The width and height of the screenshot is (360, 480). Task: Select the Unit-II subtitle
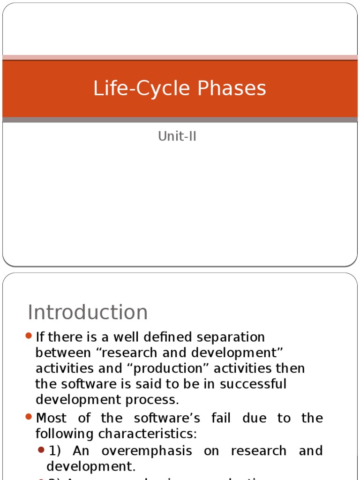(x=177, y=136)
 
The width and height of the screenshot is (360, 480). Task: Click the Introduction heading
(x=88, y=313)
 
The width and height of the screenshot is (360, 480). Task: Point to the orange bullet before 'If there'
(x=29, y=336)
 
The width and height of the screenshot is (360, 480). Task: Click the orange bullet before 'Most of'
(x=29, y=417)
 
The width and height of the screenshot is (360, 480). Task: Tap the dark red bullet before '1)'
(x=41, y=450)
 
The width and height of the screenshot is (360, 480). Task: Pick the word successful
(x=253, y=384)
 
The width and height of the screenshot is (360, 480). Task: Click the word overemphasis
(x=147, y=451)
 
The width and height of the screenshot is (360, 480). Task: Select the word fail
(x=220, y=418)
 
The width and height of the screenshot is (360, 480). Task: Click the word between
(x=62, y=353)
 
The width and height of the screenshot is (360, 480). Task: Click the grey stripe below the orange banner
(x=180, y=120)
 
